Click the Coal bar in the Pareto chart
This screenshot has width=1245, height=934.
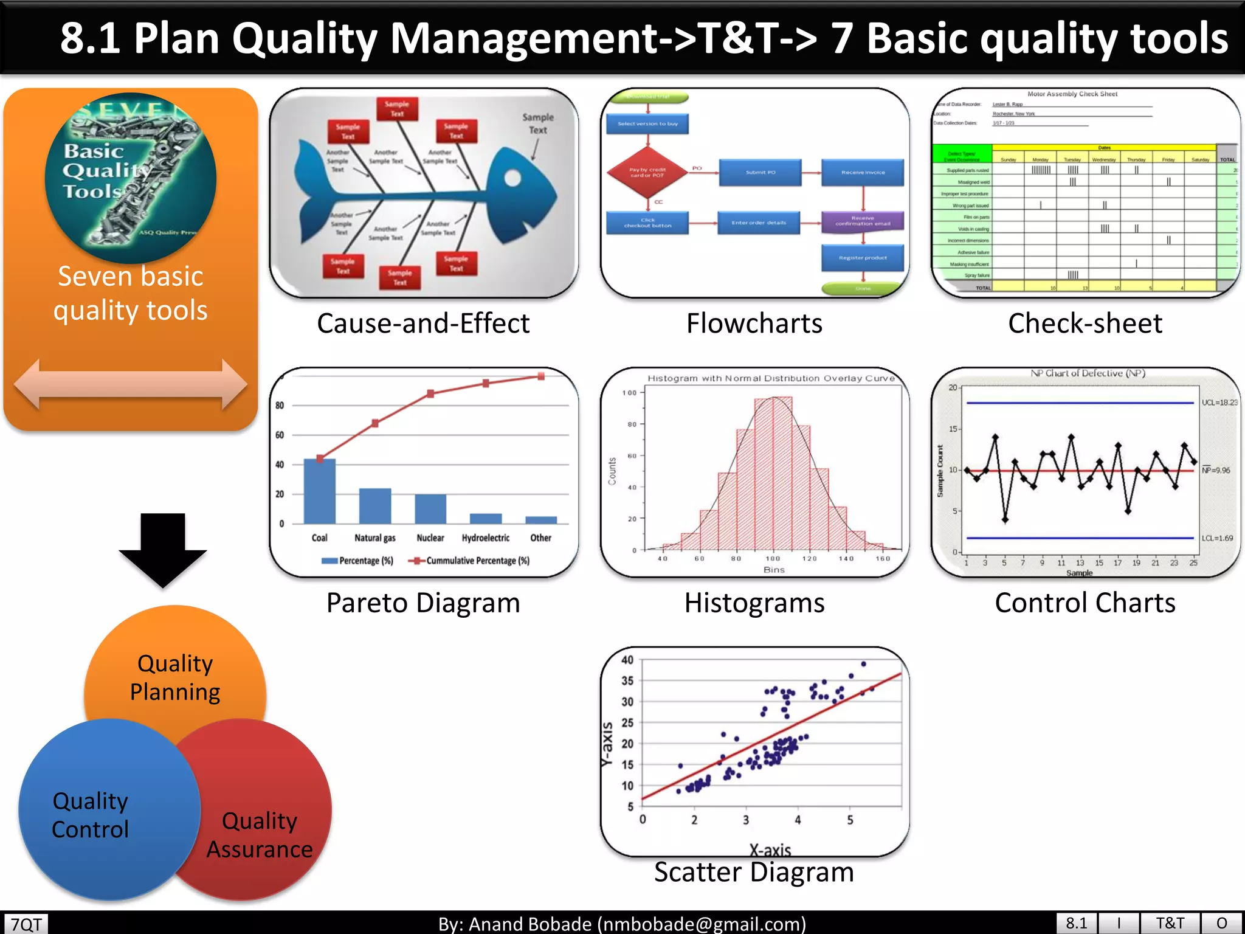(x=319, y=491)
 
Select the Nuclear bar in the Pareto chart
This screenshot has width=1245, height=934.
(x=430, y=509)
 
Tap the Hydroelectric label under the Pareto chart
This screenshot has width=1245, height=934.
(x=485, y=538)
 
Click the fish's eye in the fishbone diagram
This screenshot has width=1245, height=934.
(x=512, y=178)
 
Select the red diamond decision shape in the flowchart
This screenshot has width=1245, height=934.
(x=647, y=173)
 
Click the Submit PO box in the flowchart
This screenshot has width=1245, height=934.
(x=760, y=173)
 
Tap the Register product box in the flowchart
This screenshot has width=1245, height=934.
(x=863, y=258)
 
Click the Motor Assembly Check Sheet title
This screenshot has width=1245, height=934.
(x=1072, y=94)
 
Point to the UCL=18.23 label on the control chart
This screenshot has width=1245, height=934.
(x=1219, y=403)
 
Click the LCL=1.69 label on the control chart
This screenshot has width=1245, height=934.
(x=1217, y=538)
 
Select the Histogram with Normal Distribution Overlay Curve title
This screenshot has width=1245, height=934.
(x=771, y=378)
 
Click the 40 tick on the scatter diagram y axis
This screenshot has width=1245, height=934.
(x=627, y=660)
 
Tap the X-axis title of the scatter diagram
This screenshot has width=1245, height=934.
(x=770, y=849)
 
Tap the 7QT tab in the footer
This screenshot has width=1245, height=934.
(x=26, y=924)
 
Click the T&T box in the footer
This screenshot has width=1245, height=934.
(x=1170, y=923)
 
